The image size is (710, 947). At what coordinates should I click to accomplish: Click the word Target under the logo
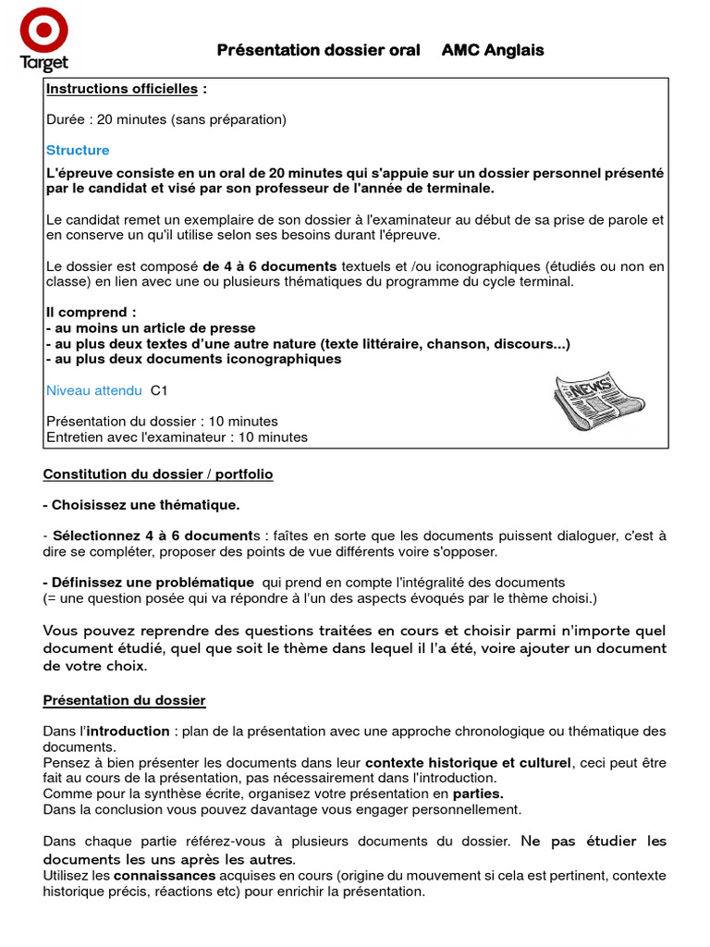pyautogui.click(x=43, y=63)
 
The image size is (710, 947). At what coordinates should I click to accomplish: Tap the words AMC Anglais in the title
pyautogui.click(x=492, y=50)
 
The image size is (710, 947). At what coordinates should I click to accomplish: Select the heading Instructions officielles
pyautogui.click(x=122, y=89)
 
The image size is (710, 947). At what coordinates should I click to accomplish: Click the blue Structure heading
pyautogui.click(x=78, y=150)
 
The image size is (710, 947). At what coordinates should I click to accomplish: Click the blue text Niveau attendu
pyautogui.click(x=94, y=390)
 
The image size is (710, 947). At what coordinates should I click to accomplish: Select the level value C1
pyautogui.click(x=159, y=390)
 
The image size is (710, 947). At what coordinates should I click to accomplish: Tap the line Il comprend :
pyautogui.click(x=91, y=313)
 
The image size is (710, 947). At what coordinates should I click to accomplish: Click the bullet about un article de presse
pyautogui.click(x=151, y=328)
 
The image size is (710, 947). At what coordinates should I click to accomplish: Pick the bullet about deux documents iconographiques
pyautogui.click(x=193, y=359)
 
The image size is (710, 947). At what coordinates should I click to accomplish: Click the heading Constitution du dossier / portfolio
pyautogui.click(x=158, y=474)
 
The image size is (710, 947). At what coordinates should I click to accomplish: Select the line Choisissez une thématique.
pyautogui.click(x=141, y=505)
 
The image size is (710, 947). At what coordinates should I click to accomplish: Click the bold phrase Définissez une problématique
pyautogui.click(x=149, y=582)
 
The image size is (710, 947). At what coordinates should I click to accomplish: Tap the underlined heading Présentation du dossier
pyautogui.click(x=125, y=701)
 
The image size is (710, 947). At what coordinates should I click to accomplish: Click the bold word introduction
pyautogui.click(x=129, y=732)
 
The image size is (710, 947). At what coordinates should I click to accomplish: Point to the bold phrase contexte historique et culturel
pyautogui.click(x=469, y=763)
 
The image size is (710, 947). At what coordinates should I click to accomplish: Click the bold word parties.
pyautogui.click(x=478, y=793)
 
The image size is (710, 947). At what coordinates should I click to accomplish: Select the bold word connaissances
pyautogui.click(x=165, y=875)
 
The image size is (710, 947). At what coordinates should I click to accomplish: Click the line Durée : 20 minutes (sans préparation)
pyautogui.click(x=166, y=119)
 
